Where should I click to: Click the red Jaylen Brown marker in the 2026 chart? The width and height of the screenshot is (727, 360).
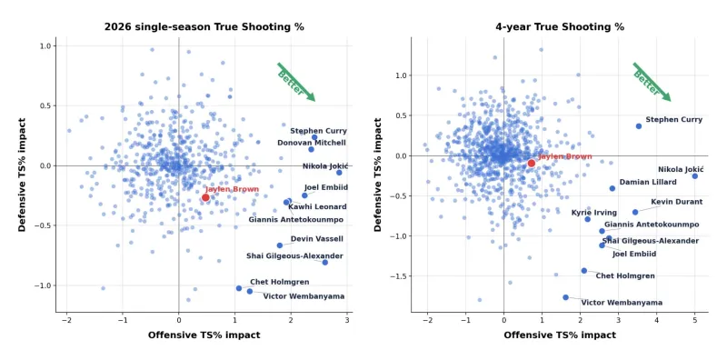point(205,197)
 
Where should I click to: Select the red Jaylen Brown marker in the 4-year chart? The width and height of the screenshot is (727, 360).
point(532,163)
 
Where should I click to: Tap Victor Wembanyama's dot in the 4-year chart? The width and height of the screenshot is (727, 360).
point(565,297)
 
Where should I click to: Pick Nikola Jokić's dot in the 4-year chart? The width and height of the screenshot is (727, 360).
point(694,176)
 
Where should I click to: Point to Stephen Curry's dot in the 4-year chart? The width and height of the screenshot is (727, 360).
point(639,126)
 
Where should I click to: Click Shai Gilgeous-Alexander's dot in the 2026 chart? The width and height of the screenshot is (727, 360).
point(325,263)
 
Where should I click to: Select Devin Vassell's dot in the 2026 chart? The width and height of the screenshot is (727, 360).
point(280,245)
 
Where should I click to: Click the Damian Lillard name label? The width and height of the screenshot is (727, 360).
point(648,183)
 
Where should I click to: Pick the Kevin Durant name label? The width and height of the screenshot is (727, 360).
point(676,202)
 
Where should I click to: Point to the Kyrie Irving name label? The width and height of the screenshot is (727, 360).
point(594,213)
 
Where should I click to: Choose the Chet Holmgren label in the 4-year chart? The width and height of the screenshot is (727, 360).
point(625,276)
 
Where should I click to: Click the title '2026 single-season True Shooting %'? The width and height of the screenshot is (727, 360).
point(204,27)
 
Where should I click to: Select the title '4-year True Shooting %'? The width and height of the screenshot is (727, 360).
point(560,27)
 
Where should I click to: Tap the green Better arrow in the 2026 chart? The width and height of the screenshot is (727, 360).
point(296,82)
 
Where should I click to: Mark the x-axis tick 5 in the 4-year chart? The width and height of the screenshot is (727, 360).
point(694,320)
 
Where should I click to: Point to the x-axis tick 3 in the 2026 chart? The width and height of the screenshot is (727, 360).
point(347,320)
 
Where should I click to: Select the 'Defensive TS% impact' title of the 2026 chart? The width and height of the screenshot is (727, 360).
point(22,175)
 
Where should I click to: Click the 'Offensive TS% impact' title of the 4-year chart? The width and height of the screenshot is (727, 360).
point(560,335)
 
